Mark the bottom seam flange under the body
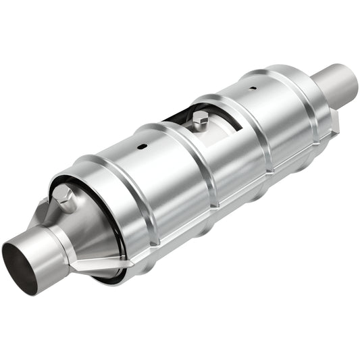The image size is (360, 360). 203,223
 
